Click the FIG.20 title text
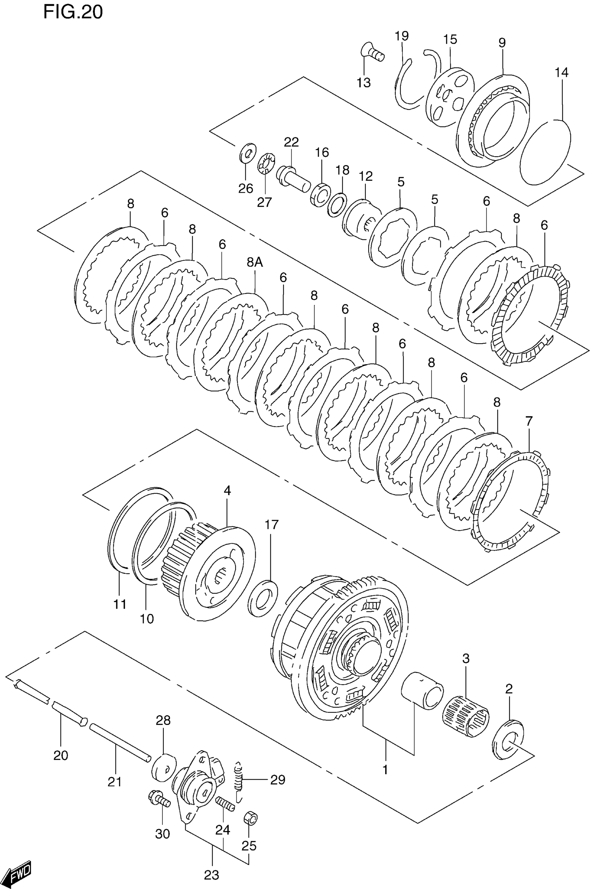pyautogui.click(x=73, y=12)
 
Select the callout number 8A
pyautogui.click(x=255, y=262)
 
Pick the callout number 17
pyautogui.click(x=271, y=524)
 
